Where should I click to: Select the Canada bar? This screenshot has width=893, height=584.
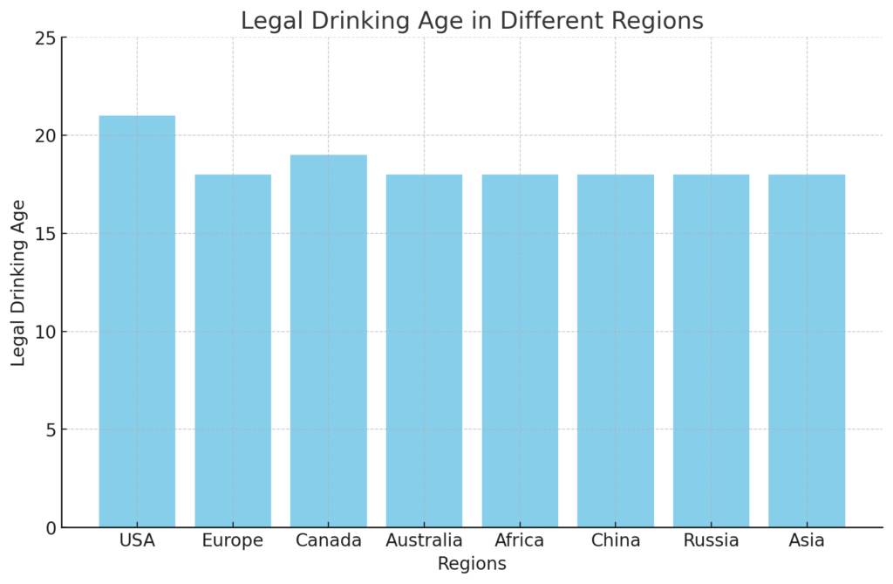click(328, 340)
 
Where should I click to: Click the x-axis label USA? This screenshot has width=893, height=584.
click(137, 541)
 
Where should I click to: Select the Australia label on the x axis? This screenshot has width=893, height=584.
click(424, 541)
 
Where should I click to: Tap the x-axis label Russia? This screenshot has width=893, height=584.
click(711, 541)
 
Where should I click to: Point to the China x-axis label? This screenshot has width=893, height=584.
click(616, 541)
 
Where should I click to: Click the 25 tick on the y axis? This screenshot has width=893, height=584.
click(45, 38)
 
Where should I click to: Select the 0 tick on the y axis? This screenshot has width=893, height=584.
click(51, 528)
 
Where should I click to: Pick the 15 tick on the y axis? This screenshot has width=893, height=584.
click(45, 234)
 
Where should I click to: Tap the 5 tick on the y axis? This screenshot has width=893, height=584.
click(51, 430)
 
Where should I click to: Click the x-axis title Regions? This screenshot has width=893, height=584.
click(472, 565)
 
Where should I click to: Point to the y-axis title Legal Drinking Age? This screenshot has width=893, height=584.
click(19, 283)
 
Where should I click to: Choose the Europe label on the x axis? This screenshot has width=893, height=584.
click(233, 541)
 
